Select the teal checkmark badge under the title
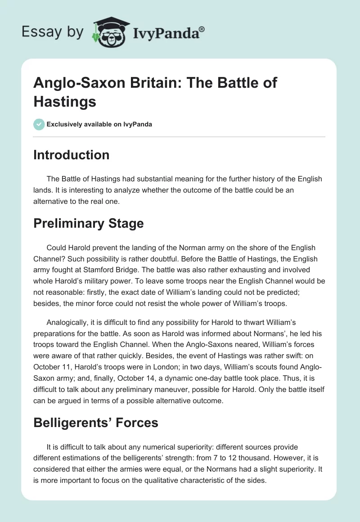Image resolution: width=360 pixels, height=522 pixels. tap(39, 124)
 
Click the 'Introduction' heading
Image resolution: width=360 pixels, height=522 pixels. tap(71, 155)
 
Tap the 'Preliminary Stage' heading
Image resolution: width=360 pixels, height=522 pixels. tap(88, 223)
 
